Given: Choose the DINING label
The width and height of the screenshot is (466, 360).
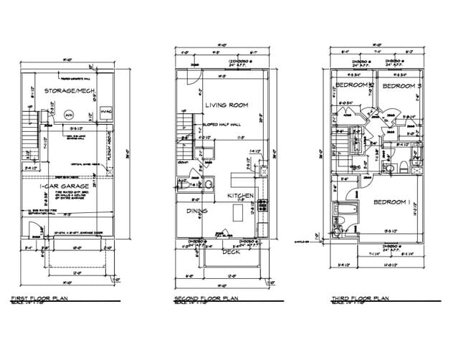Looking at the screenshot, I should click(x=196, y=211).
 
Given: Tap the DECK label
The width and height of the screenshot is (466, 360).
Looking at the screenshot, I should click(x=229, y=251).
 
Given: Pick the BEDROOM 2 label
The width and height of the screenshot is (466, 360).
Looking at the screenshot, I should click(x=351, y=86).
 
